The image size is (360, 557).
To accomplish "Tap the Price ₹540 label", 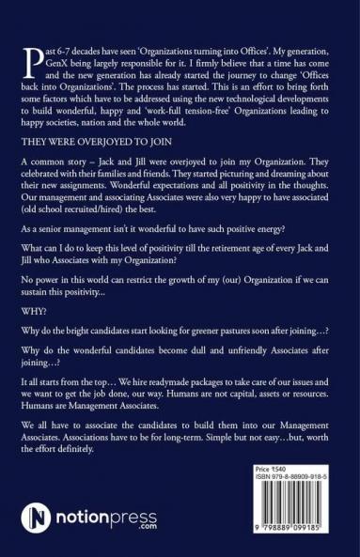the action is pos(274,494).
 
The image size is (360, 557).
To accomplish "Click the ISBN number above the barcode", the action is pos(286,503).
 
